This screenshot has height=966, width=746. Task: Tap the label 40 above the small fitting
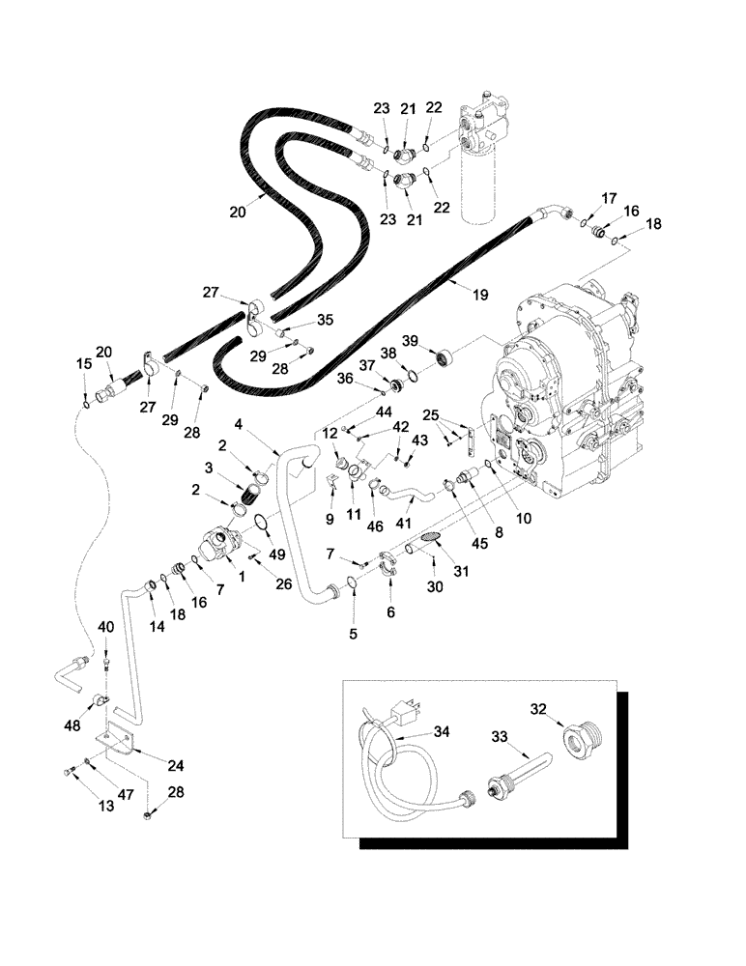pyautogui.click(x=106, y=628)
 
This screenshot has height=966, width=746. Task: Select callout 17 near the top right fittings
pyautogui.click(x=608, y=198)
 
